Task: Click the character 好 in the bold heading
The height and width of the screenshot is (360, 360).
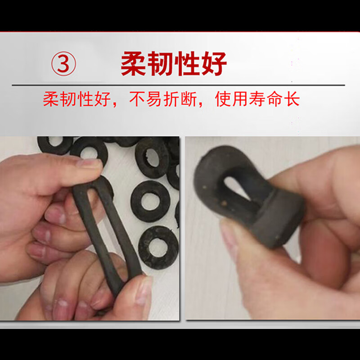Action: pyautogui.click(x=213, y=64)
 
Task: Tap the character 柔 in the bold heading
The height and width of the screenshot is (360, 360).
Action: pyautogui.click(x=134, y=64)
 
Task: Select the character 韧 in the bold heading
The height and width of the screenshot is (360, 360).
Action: pyautogui.click(x=161, y=64)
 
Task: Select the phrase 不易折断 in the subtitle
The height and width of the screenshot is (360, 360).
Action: pyautogui.click(x=163, y=99)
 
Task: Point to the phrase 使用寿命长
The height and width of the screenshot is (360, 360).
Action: pyautogui.click(x=257, y=99)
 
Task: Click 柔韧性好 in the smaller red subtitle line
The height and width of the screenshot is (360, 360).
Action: pyautogui.click(x=76, y=99)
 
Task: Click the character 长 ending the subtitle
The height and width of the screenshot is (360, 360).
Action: pyautogui.click(x=292, y=99)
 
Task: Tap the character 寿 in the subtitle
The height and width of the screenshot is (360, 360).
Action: pyautogui.click(x=257, y=99)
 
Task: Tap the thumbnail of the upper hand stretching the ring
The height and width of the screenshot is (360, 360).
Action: pyautogui.click(x=90, y=163)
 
